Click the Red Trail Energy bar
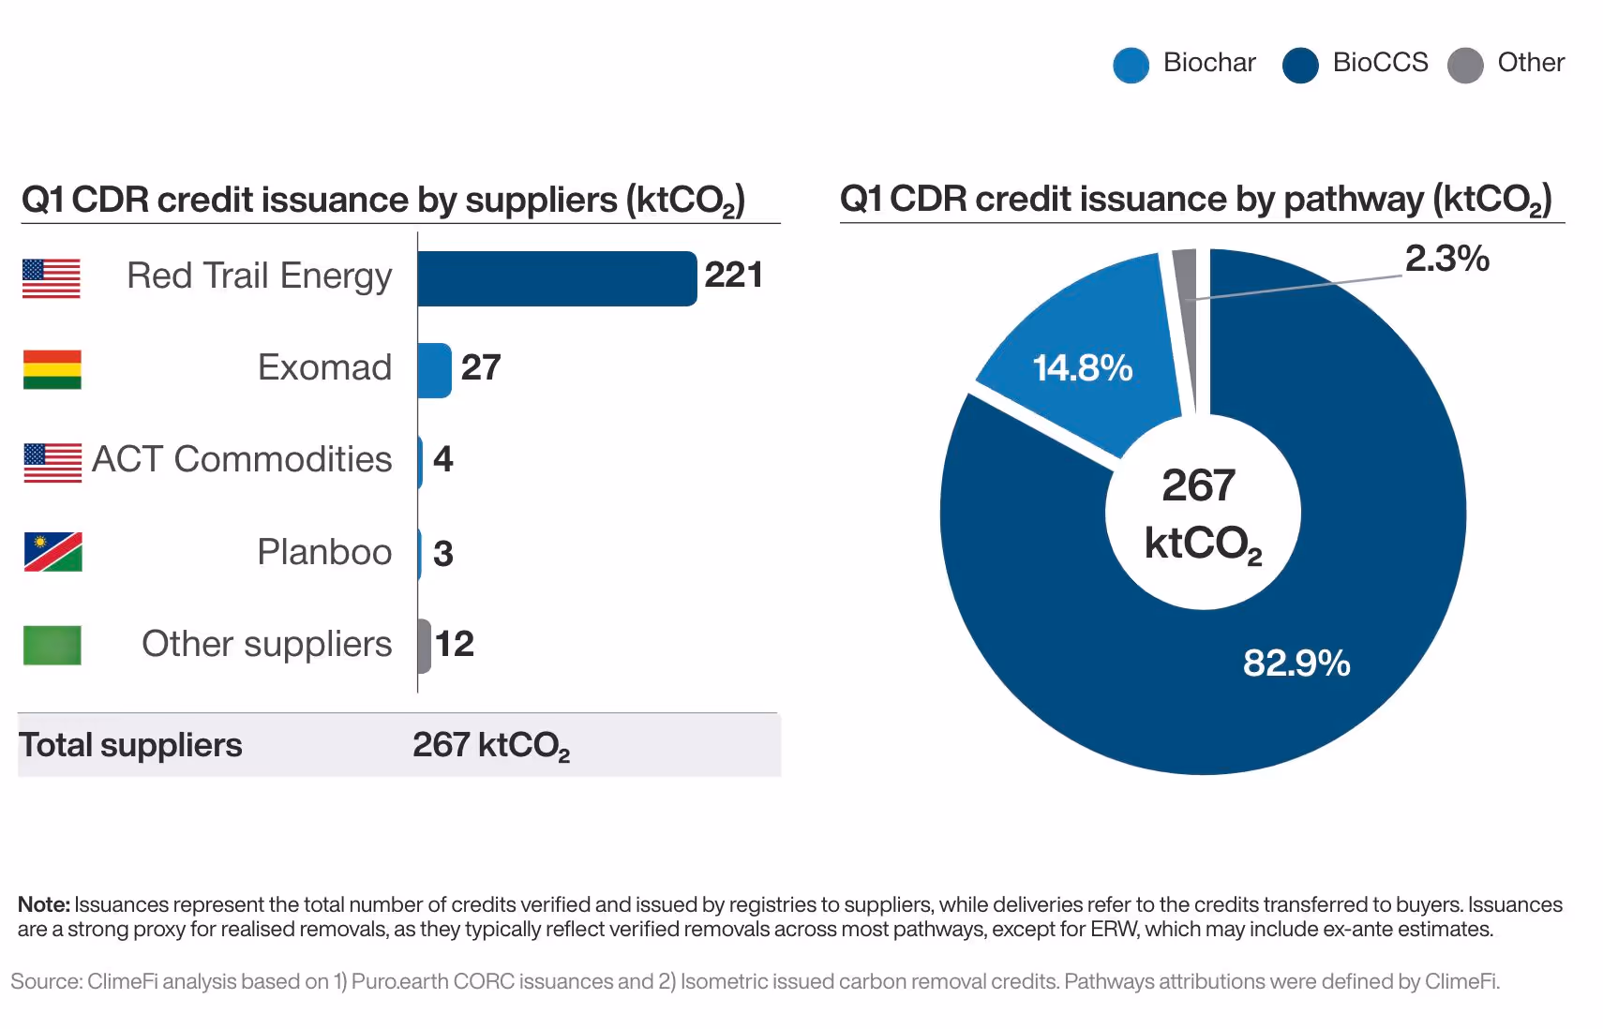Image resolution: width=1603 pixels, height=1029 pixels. (557, 278)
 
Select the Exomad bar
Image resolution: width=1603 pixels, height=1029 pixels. (434, 370)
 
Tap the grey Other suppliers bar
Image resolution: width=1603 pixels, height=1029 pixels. (425, 646)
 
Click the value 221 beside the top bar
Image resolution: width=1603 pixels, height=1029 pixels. (733, 276)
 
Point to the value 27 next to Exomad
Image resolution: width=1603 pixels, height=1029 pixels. (480, 367)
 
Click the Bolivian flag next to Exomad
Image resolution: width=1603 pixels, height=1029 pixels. (52, 369)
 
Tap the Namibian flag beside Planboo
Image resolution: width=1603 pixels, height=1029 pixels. (52, 552)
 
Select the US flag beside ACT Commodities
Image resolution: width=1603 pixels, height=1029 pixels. (52, 462)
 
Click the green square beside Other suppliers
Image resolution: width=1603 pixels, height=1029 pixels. (52, 645)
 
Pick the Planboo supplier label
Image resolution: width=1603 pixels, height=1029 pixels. (324, 552)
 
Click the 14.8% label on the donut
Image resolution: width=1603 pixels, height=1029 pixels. (1082, 368)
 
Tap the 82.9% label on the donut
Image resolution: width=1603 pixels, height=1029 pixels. (1296, 664)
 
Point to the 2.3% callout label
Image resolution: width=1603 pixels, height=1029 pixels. (1446, 259)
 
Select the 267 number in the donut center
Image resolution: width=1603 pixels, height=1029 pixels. (1198, 485)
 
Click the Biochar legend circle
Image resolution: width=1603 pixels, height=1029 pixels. (1131, 65)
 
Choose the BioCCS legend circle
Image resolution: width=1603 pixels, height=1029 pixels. (1299, 65)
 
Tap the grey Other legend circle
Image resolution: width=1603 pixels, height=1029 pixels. (1464, 65)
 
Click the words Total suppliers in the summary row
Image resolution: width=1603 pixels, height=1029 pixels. (130, 745)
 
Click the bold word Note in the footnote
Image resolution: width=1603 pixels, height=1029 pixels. (43, 904)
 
